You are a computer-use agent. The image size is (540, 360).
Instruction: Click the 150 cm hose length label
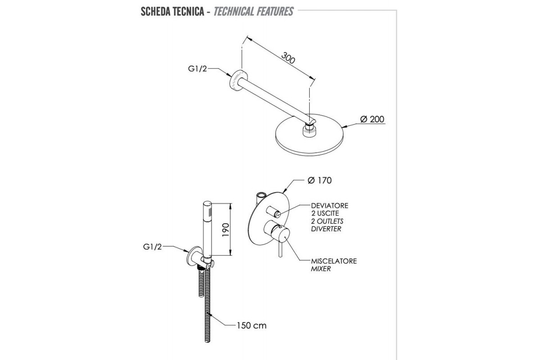(252, 325)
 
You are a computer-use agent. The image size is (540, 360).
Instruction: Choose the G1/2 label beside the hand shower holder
(152, 247)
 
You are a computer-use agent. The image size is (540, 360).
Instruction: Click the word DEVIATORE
(330, 206)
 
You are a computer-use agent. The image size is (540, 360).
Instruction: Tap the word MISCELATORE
(334, 261)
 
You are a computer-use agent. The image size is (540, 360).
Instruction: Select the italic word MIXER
(321, 269)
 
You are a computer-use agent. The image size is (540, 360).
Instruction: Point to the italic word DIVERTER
(326, 229)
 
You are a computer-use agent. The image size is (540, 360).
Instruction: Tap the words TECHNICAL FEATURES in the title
(253, 11)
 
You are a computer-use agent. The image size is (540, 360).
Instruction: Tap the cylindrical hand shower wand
(207, 229)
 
